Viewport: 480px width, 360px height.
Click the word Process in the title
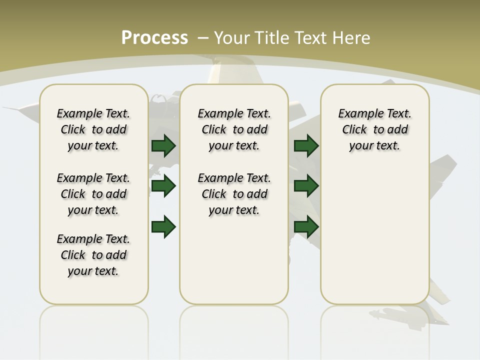pos(154,38)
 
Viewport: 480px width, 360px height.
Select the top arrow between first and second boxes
pos(163,145)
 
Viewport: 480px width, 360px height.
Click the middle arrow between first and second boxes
pos(163,186)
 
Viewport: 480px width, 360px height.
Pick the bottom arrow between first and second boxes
pos(163,227)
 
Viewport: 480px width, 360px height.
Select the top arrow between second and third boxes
pos(306,145)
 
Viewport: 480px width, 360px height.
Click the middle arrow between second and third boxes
pos(306,186)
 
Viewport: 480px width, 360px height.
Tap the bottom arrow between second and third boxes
pos(306,227)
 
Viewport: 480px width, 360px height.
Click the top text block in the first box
pos(93,129)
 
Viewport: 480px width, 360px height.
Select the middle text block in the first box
pos(93,194)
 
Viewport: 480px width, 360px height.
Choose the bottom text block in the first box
pos(93,255)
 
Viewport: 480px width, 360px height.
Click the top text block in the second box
pos(234,129)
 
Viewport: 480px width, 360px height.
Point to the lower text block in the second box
pos(234,194)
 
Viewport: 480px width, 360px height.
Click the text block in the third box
pos(374,129)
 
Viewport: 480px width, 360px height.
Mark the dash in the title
pos(203,38)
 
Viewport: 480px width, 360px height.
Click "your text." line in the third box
pos(374,146)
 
